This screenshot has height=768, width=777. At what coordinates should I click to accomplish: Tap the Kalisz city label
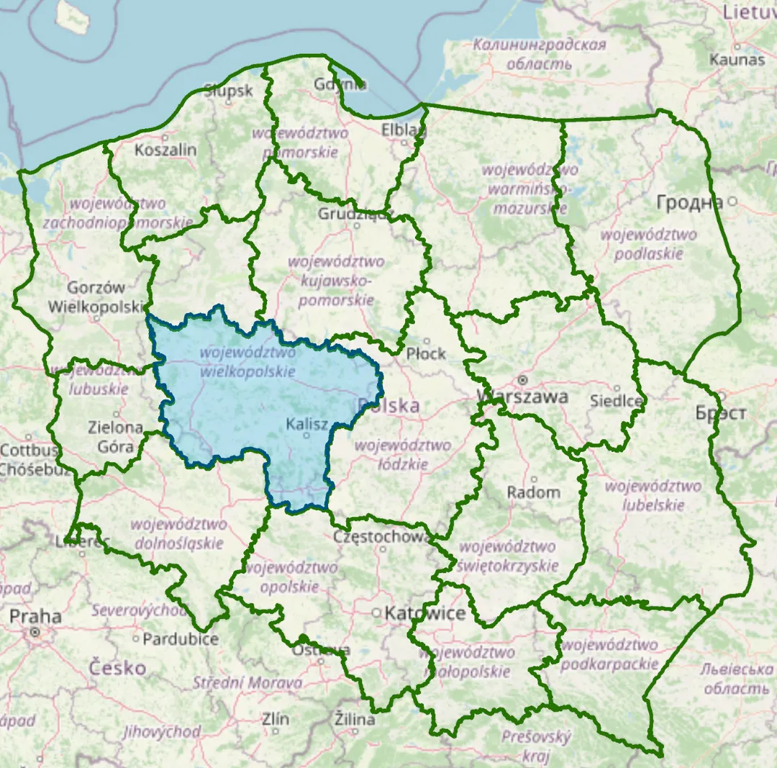pyautogui.click(x=307, y=425)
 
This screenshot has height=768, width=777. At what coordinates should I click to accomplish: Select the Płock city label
pyautogui.click(x=426, y=353)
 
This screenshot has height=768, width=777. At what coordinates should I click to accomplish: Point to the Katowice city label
pyautogui.click(x=425, y=613)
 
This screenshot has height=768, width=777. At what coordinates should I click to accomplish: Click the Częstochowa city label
pyautogui.click(x=382, y=537)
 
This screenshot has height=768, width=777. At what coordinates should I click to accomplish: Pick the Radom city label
pyautogui.click(x=533, y=492)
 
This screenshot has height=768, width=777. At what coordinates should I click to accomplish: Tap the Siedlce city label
pyautogui.click(x=616, y=400)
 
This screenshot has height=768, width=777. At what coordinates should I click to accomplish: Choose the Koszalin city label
pyautogui.click(x=165, y=150)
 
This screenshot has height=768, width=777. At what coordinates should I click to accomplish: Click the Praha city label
pyautogui.click(x=35, y=617)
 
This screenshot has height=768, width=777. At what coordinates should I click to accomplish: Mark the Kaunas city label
pyautogui.click(x=737, y=59)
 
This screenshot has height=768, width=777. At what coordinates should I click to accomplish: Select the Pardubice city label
pyautogui.click(x=180, y=639)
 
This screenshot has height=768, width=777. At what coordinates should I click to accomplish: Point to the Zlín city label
pyautogui.click(x=275, y=719)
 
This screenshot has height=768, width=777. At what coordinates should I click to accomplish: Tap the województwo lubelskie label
pyautogui.click(x=653, y=495)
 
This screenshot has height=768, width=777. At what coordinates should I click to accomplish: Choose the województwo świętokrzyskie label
pyautogui.click(x=507, y=556)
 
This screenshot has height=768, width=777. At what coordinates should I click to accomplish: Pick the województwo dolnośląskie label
pyautogui.click(x=178, y=533)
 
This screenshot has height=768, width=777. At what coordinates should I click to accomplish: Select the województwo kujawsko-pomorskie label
pyautogui.click(x=336, y=281)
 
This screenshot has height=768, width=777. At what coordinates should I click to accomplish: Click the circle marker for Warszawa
pyautogui.click(x=523, y=379)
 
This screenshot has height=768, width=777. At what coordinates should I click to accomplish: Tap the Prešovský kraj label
pyautogui.click(x=535, y=746)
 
